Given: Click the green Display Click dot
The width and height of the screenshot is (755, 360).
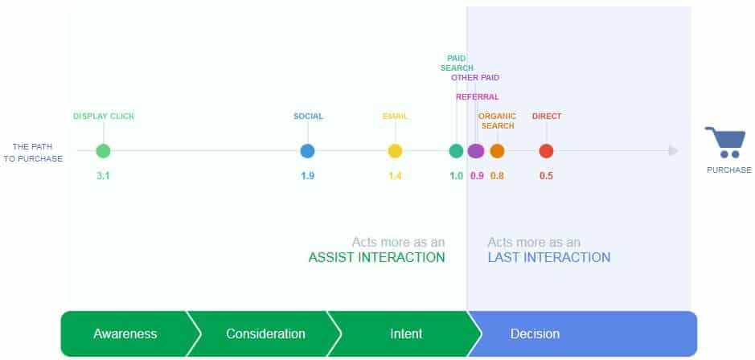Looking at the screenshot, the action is click(103, 151).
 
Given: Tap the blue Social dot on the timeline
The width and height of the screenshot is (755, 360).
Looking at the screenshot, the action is click(307, 151).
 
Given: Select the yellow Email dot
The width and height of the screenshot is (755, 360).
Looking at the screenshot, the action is click(395, 151).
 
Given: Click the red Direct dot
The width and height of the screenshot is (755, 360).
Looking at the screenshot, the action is click(546, 151).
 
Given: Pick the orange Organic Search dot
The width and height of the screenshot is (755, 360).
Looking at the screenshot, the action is click(498, 151).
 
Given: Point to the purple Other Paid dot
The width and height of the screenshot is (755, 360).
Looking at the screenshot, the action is click(476, 151).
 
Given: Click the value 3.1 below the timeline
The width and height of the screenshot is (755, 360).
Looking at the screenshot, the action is click(103, 176).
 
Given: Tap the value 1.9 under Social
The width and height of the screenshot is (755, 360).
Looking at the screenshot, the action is click(308, 176).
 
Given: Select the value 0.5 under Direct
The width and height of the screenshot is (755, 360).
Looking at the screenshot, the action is click(546, 176).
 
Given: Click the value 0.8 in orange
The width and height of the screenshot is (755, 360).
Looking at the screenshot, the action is click(498, 176).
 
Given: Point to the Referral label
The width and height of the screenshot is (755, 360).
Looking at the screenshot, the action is click(478, 96).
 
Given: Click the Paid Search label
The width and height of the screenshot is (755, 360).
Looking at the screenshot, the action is click(457, 63).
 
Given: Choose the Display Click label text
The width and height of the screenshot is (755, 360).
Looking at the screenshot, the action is click(104, 116).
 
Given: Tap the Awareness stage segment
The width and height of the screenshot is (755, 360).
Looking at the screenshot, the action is click(126, 333).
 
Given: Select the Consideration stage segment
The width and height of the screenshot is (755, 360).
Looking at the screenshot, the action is click(265, 333).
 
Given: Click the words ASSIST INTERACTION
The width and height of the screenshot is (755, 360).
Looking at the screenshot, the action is click(376, 257).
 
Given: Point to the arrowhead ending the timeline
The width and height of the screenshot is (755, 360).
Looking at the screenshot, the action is click(674, 151).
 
